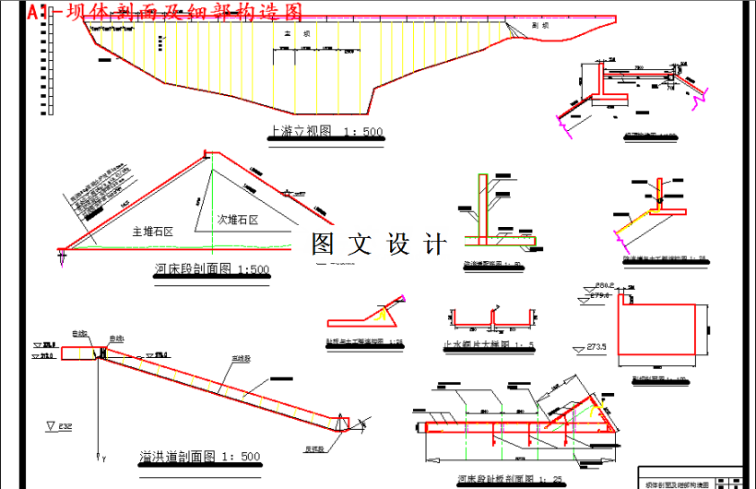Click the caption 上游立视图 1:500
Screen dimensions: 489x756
click(325, 132)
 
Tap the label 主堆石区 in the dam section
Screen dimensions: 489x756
click(153, 232)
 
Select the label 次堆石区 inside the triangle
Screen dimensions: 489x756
click(238, 220)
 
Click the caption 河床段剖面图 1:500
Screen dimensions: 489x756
click(212, 270)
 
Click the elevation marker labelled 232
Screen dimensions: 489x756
click(59, 426)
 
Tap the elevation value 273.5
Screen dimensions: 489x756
click(597, 347)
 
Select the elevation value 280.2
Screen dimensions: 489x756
click(605, 285)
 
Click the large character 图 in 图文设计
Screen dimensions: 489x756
click(324, 244)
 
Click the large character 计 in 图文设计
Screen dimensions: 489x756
click(434, 244)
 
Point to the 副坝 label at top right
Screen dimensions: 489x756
click(541, 26)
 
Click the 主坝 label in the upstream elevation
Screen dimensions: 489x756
click(295, 34)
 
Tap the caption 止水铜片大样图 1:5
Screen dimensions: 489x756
click(490, 346)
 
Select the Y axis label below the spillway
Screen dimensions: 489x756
click(104, 459)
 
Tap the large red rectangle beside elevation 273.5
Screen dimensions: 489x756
click(662, 335)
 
